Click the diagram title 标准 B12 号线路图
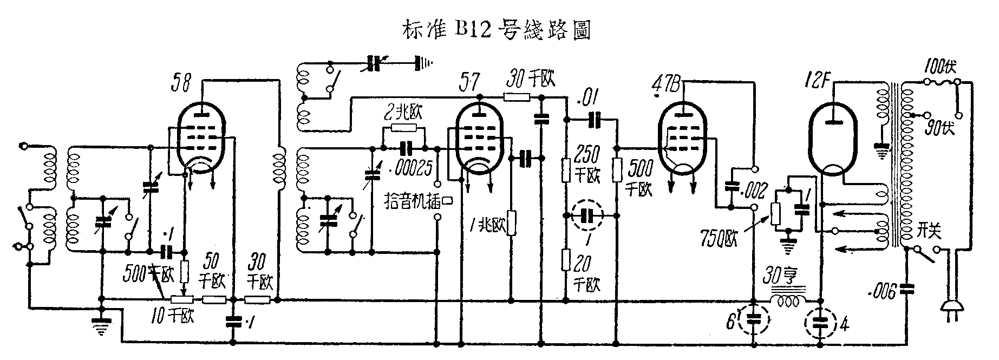[x=495, y=30]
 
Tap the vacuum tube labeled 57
[x=479, y=138]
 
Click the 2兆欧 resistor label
[x=401, y=114]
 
